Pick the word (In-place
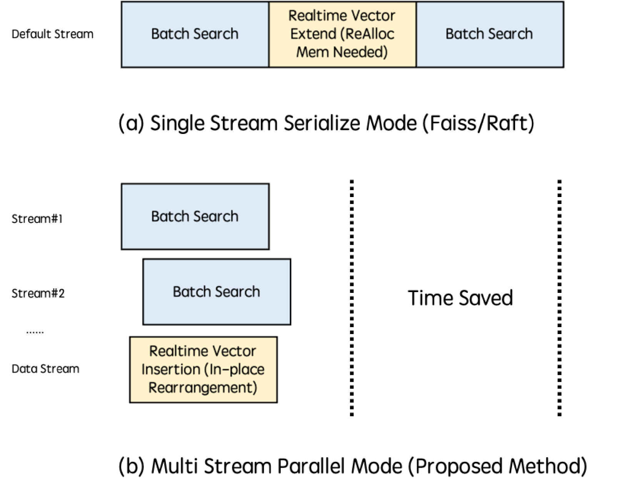click(x=234, y=369)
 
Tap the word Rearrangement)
click(x=203, y=388)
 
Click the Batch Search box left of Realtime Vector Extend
click(x=195, y=34)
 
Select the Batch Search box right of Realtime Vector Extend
click(x=489, y=34)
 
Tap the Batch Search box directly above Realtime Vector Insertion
click(x=217, y=292)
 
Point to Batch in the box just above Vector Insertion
click(x=192, y=292)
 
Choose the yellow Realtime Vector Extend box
click(x=342, y=34)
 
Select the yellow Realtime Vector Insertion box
click(x=203, y=369)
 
